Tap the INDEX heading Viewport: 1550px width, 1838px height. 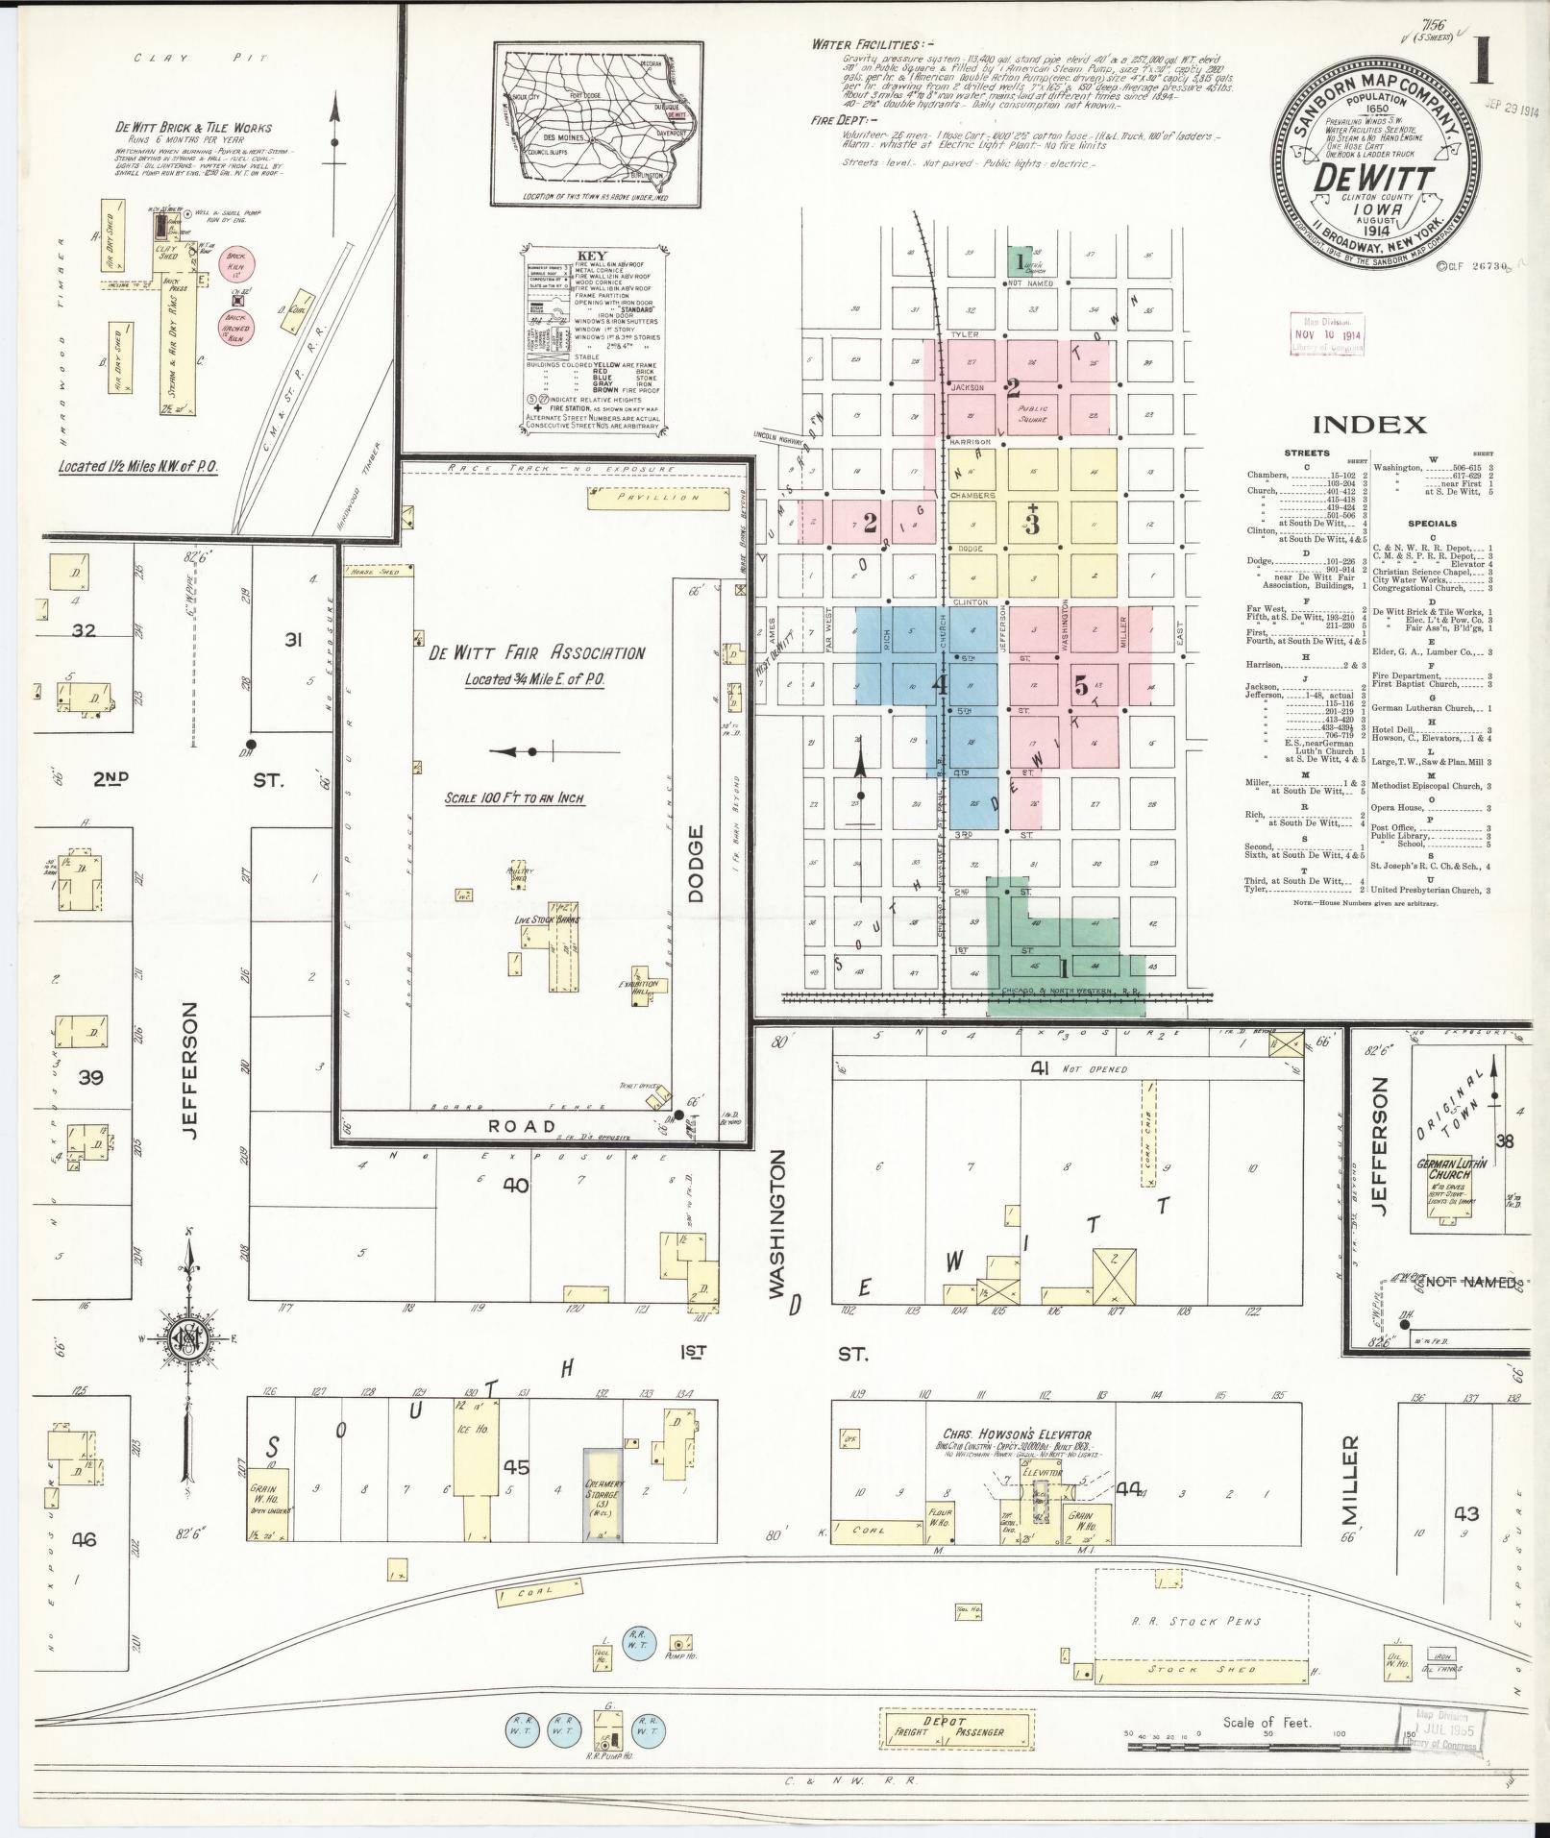tap(1368, 425)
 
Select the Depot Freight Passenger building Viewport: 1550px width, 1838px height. tap(956, 1727)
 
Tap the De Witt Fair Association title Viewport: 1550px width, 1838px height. tap(536, 653)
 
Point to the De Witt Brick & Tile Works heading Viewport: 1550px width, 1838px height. tap(193, 128)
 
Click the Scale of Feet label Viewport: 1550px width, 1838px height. tap(1267, 1723)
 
